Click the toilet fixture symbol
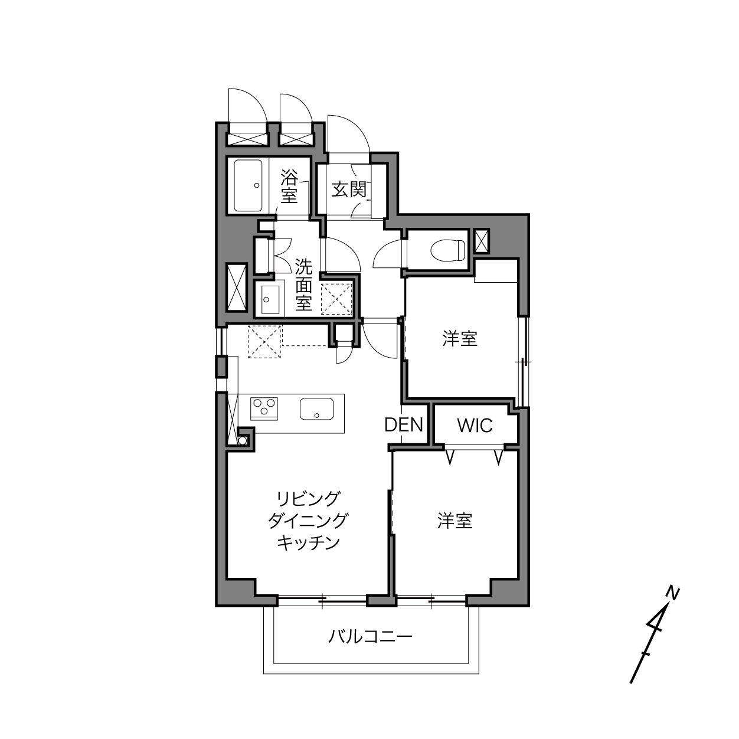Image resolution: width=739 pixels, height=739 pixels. pyautogui.click(x=447, y=250)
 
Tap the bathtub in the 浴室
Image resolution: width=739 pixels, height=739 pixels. pyautogui.click(x=248, y=185)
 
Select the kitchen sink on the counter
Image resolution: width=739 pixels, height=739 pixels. pyautogui.click(x=317, y=408)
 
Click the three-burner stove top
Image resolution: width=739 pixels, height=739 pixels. pyautogui.click(x=264, y=408)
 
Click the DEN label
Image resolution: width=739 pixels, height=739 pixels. pyautogui.click(x=403, y=425)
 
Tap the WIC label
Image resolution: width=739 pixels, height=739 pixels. pyautogui.click(x=475, y=426)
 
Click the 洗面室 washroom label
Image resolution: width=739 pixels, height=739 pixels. pyautogui.click(x=303, y=285)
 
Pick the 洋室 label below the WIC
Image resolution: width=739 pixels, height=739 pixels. pyautogui.click(x=455, y=521)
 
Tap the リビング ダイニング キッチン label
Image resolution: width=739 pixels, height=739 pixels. pyautogui.click(x=308, y=521)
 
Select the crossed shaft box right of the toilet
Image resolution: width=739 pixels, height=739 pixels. pyautogui.click(x=482, y=241)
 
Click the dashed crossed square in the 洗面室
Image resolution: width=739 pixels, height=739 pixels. pyautogui.click(x=336, y=299)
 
